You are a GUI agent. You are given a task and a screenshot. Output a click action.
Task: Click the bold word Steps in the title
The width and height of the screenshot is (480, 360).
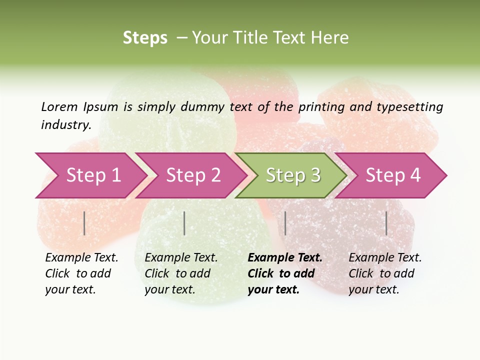(x=145, y=38)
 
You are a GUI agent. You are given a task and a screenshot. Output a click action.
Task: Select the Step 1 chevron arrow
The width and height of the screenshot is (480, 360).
(x=92, y=175)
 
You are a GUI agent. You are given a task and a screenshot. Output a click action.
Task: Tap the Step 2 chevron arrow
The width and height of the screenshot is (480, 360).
(x=193, y=175)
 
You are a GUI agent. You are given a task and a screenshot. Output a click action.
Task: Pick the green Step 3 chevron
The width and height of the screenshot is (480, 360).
(x=292, y=175)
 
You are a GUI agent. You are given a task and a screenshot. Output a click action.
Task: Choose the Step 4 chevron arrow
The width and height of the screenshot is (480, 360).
(x=392, y=175)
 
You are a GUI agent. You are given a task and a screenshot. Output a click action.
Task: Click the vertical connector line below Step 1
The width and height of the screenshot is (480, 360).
(x=84, y=223)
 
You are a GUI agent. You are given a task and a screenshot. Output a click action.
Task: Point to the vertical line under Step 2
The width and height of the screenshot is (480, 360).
(x=184, y=223)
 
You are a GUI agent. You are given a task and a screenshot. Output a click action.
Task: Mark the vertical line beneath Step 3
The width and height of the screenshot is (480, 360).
(x=285, y=223)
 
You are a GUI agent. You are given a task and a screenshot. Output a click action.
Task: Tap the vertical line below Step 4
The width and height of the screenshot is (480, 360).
(x=386, y=223)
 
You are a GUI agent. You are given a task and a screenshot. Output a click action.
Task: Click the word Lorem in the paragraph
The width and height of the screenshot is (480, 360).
(x=59, y=106)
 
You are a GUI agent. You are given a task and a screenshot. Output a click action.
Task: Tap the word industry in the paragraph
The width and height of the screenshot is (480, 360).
(x=65, y=125)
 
